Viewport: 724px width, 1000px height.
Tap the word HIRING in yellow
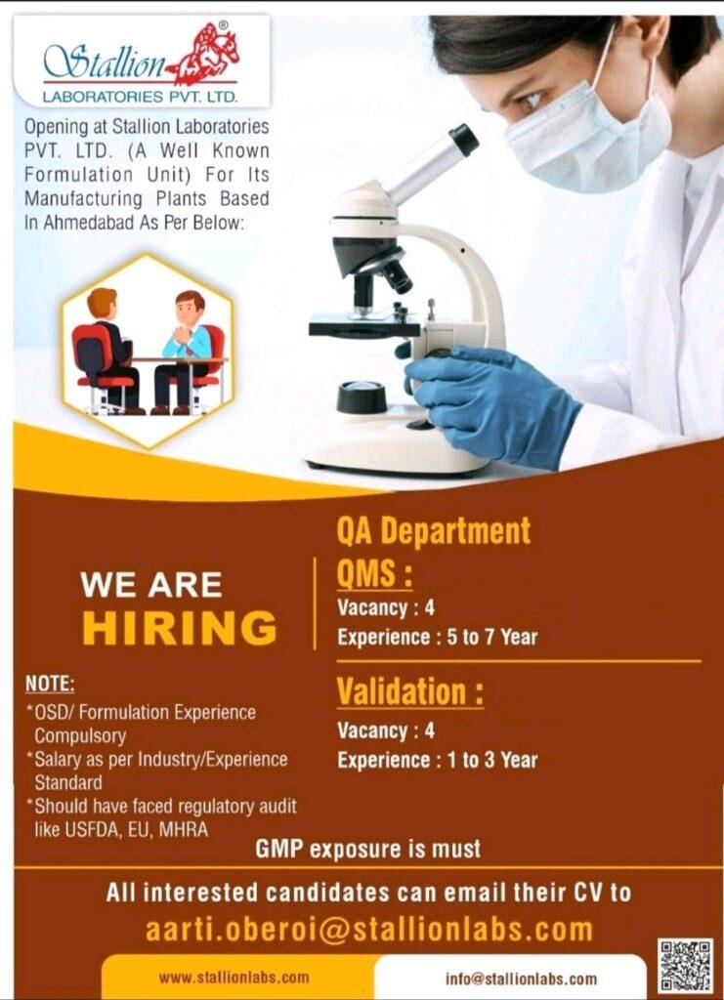180,628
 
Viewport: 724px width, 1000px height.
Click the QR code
686,965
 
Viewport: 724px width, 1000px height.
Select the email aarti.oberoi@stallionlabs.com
369,930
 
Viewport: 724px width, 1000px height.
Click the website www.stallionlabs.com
234,978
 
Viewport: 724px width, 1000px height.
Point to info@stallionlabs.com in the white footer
522,979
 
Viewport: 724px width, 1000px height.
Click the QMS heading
375,574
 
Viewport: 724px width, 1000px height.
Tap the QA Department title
434,531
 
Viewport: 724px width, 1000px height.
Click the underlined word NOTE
50,685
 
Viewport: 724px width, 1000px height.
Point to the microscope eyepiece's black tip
464,140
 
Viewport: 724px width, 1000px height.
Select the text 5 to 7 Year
492,637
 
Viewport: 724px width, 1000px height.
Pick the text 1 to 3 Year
492,760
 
